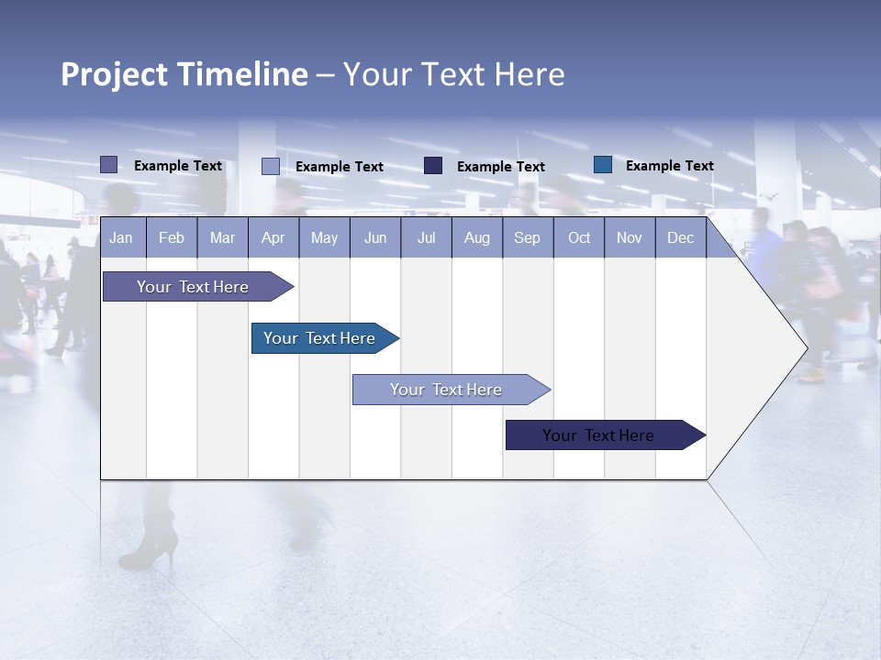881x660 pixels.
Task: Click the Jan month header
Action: pos(121,238)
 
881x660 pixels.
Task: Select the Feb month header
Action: pos(172,238)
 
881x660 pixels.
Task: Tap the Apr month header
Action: pos(273,238)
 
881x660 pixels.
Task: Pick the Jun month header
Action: pos(375,238)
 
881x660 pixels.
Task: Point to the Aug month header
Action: pos(476,238)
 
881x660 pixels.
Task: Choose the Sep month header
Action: pos(527,238)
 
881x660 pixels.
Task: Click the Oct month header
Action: pos(579,238)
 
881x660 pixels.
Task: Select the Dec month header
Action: pos(680,238)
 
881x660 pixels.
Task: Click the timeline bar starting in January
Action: pos(193,287)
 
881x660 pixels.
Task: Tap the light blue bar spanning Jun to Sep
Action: pos(447,390)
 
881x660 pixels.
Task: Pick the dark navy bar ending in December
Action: pos(599,435)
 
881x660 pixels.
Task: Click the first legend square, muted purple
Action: pos(109,165)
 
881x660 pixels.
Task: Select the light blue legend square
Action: pos(271,166)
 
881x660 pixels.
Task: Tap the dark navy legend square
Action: pos(433,166)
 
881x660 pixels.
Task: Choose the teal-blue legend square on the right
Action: pos(603,165)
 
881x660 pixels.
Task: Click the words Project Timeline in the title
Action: pos(184,74)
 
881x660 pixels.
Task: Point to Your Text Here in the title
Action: pos(454,74)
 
